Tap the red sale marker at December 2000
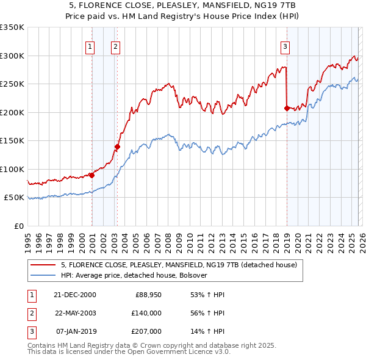pyautogui.click(x=91, y=175)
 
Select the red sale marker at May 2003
pyautogui.click(x=118, y=146)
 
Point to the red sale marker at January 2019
pyautogui.click(x=286, y=108)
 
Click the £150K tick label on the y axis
pyautogui.click(x=12, y=140)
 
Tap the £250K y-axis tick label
pyautogui.click(x=12, y=84)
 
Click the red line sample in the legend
pyautogui.click(x=43, y=265)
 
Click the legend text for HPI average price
pyautogui.click(x=134, y=275)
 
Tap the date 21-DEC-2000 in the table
pyautogui.click(x=75, y=295)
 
